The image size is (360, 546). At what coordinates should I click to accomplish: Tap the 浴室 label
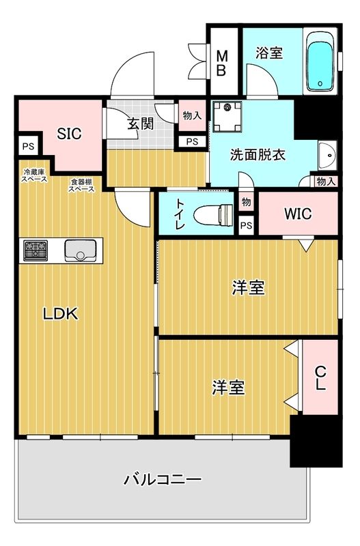pos(269,52)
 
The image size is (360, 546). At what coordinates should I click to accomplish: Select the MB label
pos(222,62)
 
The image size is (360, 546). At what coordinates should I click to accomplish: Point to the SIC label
pos(69,134)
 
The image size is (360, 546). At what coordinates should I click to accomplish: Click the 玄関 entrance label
pos(140,124)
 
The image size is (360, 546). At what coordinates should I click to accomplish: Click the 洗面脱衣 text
pos(258,154)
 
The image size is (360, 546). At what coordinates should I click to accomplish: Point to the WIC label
pos(298,214)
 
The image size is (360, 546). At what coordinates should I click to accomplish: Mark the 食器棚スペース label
pos(81,185)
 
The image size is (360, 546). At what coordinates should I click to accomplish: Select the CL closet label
pos(320,377)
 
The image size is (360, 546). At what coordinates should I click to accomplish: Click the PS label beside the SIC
pos(27,145)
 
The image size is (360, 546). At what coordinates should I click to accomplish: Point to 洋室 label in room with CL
pos(228,388)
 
